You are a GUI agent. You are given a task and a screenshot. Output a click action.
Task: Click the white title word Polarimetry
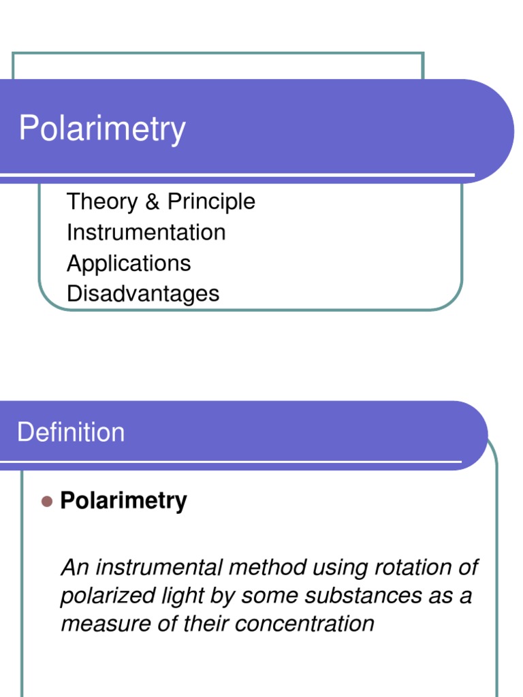(102, 129)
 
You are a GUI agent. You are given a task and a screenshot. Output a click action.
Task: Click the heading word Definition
(71, 432)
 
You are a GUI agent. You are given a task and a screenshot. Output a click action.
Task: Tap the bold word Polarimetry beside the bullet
(123, 501)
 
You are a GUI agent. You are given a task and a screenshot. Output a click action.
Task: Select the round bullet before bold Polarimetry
(46, 502)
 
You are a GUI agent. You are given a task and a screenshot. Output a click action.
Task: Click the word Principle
(211, 201)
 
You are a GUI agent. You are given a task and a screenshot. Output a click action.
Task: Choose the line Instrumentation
(146, 232)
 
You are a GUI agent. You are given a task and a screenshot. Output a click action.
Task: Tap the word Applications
(129, 263)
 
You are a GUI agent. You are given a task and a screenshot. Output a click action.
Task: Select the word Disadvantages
(143, 294)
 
